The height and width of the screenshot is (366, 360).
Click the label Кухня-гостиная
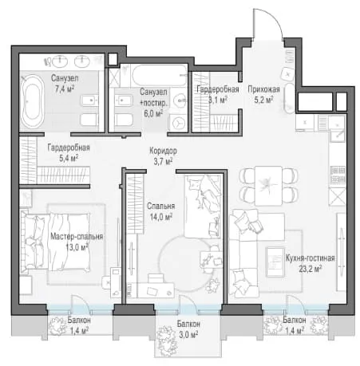pos(310,258)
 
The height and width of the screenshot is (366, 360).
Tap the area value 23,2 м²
pos(310,269)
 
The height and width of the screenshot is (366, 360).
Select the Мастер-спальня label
pos(77,236)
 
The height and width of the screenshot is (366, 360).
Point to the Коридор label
pos(163,151)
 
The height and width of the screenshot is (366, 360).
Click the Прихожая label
pos(263,89)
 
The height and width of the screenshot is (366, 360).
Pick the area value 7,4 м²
pos(64,89)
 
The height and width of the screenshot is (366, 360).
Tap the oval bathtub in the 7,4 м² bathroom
pos(33,102)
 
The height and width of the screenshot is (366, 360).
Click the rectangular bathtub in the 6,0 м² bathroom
pos(160,75)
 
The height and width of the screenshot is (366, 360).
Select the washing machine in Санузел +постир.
pos(178,123)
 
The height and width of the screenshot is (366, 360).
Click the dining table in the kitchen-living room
pos(268,185)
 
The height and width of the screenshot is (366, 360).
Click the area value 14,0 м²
pos(160,217)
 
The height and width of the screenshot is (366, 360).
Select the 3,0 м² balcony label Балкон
pos(188,324)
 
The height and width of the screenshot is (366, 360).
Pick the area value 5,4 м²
pos(69,158)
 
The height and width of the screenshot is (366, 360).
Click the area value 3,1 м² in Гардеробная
pos(218,100)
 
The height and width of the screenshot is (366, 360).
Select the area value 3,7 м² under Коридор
pos(163,161)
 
